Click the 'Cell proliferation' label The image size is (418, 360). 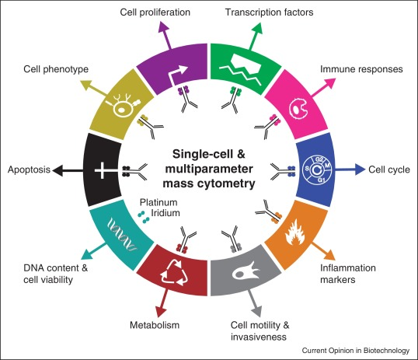(155, 12)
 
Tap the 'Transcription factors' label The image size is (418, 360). (270, 12)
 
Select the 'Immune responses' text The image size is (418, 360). (361, 69)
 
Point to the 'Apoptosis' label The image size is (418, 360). (29, 170)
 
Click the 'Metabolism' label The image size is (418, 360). (155, 325)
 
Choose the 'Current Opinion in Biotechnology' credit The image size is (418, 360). (356, 351)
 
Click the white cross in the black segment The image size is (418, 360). (102, 170)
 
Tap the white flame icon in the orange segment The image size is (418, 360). (294, 232)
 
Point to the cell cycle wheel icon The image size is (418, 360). (317, 170)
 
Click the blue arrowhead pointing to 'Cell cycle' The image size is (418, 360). (361, 170)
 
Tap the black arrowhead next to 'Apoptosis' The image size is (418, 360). (57, 170)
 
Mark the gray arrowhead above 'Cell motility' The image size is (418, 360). (256, 311)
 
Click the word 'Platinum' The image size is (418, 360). (158, 202)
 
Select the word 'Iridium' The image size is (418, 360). (165, 213)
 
